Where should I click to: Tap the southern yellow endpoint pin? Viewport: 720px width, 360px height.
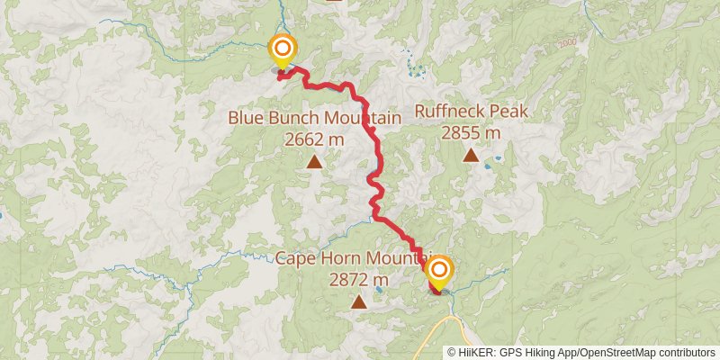pos(438,271)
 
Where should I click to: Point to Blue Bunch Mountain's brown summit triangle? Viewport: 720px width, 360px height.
pos(314,162)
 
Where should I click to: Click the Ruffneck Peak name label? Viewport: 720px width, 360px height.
pos(470,112)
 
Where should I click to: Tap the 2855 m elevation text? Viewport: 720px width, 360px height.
pos(471,132)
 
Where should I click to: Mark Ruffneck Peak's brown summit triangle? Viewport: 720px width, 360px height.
pos(471,155)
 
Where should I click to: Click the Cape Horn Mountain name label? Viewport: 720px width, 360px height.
pos(354,258)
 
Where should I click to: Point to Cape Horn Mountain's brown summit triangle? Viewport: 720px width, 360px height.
pos(359,301)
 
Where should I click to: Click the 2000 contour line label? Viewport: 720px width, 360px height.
pos(566,42)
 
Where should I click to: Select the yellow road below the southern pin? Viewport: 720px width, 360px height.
pos(446,310)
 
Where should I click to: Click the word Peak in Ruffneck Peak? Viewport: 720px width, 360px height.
pos(504,112)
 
